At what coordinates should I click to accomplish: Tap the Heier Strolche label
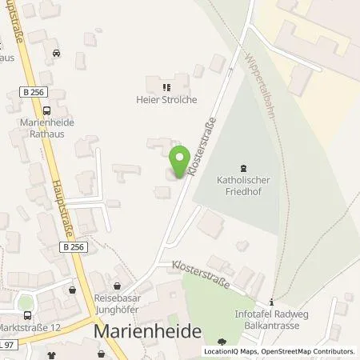pyautogui.click(x=166, y=100)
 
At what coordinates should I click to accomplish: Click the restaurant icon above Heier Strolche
pyautogui.click(x=166, y=87)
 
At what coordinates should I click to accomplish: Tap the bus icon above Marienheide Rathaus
pyautogui.click(x=47, y=111)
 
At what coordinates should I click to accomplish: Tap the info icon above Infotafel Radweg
pyautogui.click(x=272, y=302)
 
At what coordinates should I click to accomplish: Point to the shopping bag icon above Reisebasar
pyautogui.click(x=118, y=284)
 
